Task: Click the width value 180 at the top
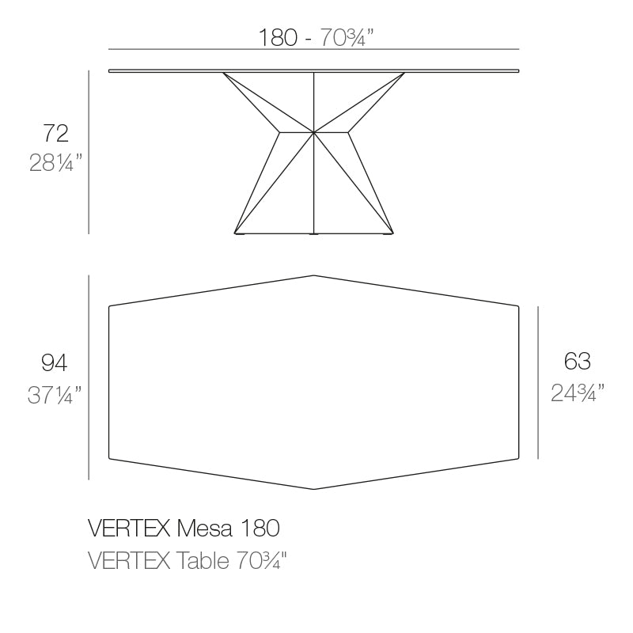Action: [278, 37]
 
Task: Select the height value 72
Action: [55, 132]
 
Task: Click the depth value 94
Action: [54, 362]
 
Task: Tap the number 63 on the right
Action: [578, 362]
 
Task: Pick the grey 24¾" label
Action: [578, 392]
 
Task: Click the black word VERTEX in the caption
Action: [127, 527]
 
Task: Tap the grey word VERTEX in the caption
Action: [127, 561]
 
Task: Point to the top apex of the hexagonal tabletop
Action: [315, 275]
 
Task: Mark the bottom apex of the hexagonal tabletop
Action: [315, 489]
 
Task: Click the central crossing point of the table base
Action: [315, 131]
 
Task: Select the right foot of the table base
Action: [388, 233]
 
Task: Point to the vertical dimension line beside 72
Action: [89, 152]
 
